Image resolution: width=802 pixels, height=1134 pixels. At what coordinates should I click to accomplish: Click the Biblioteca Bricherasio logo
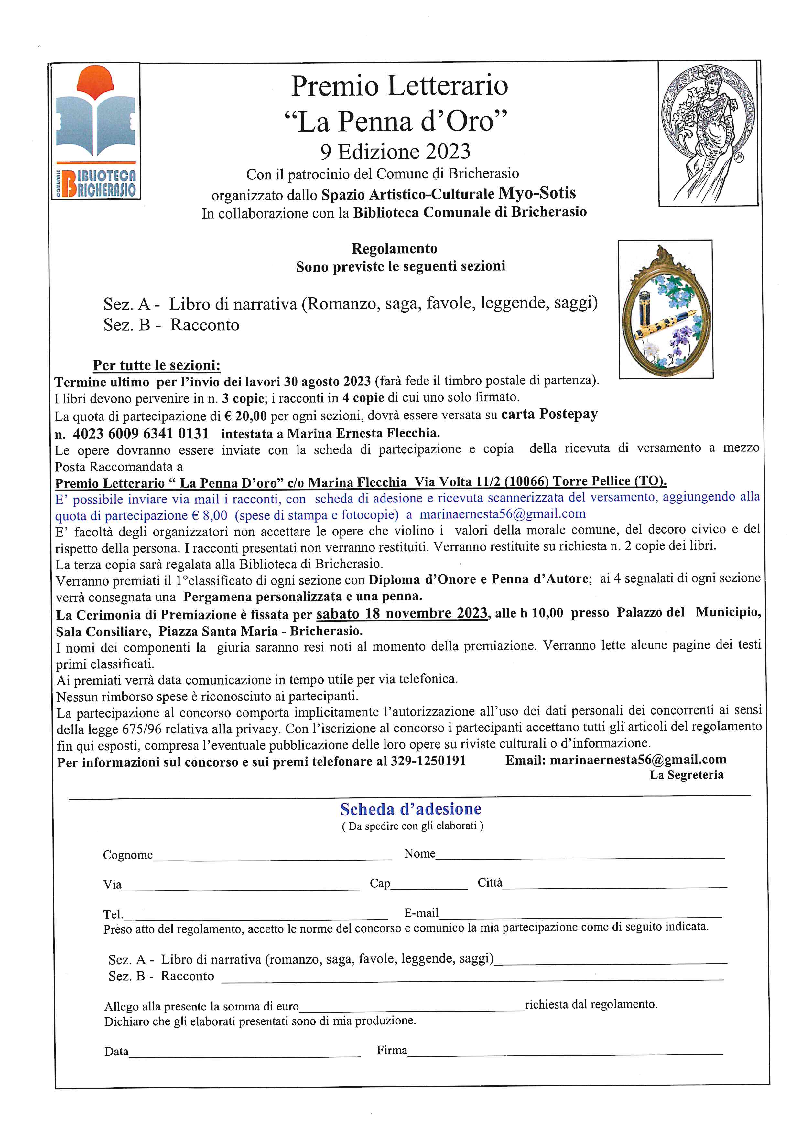96,131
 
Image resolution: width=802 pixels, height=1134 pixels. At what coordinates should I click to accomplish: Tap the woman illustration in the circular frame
708,133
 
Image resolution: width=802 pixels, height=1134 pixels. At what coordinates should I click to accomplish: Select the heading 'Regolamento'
394,248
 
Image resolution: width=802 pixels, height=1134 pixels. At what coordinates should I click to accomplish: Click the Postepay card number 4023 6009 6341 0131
141,434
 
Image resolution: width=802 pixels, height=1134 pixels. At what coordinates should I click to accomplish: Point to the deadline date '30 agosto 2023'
327,381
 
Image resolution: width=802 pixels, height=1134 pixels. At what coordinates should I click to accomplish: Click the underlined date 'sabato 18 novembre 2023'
402,613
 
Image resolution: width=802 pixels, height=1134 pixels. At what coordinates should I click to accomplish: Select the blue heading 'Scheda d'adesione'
410,809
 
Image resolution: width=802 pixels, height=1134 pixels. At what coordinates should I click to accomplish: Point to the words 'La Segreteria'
687,775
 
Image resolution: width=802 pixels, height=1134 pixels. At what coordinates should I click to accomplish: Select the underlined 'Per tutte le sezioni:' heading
157,365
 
